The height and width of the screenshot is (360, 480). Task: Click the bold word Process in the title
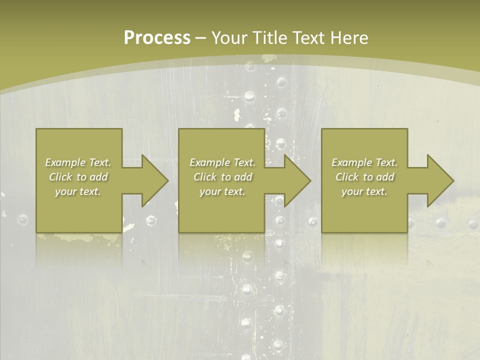coord(157,38)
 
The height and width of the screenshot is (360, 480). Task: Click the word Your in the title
coord(229,38)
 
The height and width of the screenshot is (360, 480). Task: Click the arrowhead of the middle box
coord(296,180)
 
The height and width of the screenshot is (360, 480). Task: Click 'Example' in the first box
coord(65,162)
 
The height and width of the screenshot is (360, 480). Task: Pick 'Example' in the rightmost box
coord(352,162)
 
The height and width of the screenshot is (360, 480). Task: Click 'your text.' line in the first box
coord(78,191)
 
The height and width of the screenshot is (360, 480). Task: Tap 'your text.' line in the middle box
coord(222,191)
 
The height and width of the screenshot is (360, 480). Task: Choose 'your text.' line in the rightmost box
coord(364,191)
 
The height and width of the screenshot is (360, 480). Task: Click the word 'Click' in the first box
coord(60,177)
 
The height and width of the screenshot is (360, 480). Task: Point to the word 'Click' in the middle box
coord(204,177)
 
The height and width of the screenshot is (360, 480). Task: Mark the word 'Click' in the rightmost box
coord(347,177)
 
